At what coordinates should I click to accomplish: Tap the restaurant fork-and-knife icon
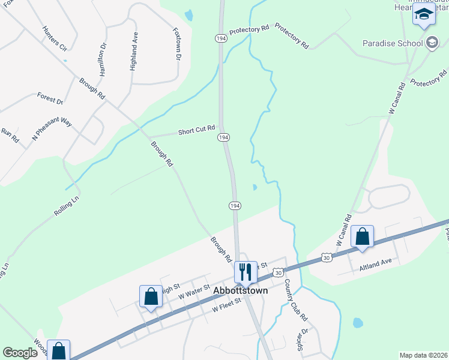[x=246, y=272]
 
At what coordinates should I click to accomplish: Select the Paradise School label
[x=392, y=43]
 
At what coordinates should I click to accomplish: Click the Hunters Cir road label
[x=54, y=38]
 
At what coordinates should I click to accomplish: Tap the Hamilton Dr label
[x=103, y=58]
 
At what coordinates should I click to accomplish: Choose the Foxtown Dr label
[x=176, y=44]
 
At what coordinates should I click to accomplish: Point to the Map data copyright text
[x=423, y=355]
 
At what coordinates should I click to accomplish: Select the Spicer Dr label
[x=303, y=340]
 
